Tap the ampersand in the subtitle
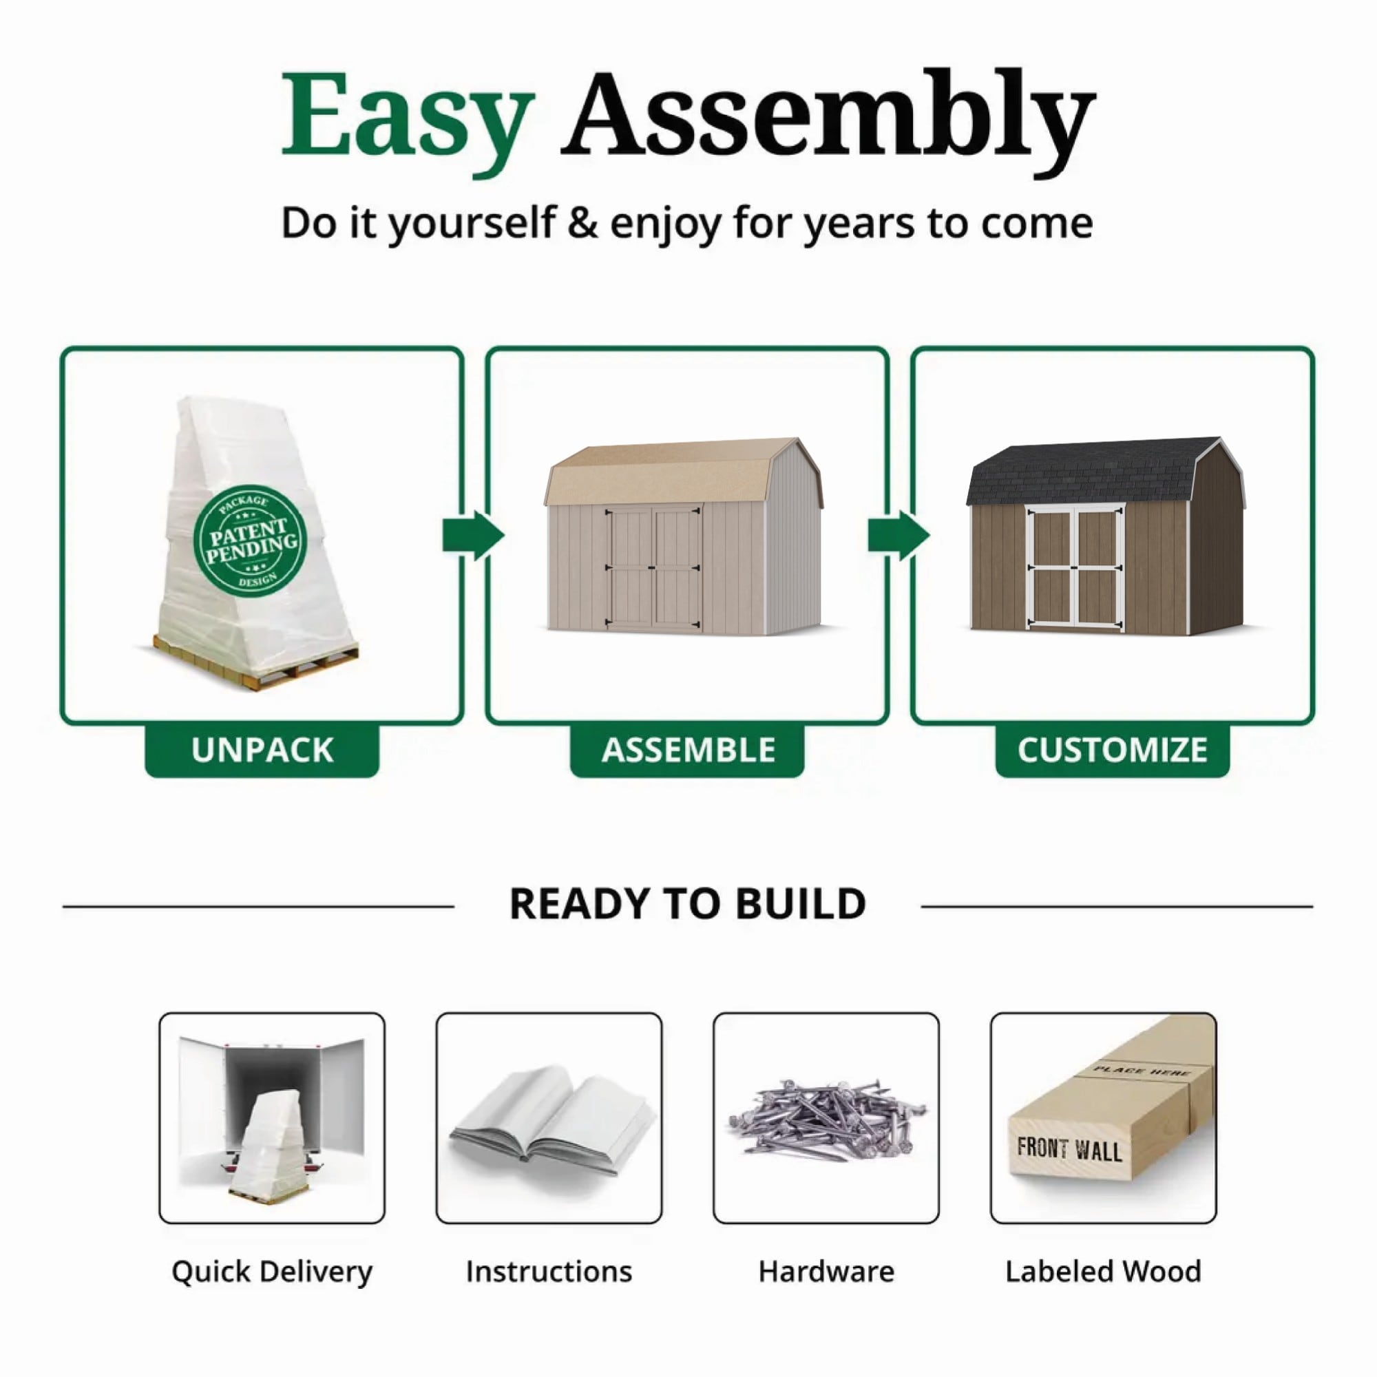582,222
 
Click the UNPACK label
262,750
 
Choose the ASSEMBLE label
688,750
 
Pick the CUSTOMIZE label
1112,750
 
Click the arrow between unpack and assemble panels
473,535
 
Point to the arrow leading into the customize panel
898,535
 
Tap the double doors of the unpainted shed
653,567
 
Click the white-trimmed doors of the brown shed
1075,567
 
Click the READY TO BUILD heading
688,905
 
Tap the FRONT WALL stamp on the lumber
1069,1150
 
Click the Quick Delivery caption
271,1272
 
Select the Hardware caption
826,1271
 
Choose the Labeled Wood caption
1103,1271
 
